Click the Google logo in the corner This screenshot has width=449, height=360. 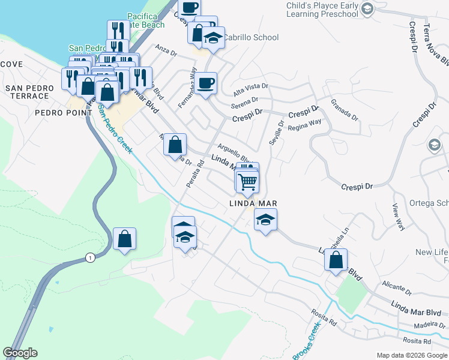click(20, 353)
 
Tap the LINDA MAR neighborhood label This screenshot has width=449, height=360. click(252, 204)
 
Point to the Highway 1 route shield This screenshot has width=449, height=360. click(90, 258)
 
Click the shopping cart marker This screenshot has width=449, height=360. click(247, 181)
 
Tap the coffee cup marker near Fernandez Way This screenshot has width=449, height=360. click(206, 83)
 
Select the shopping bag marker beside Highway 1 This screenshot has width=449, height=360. click(124, 239)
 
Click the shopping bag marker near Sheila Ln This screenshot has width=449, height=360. click(336, 260)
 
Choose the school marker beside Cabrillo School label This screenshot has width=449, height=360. click(212, 38)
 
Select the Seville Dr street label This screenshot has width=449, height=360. click(279, 130)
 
